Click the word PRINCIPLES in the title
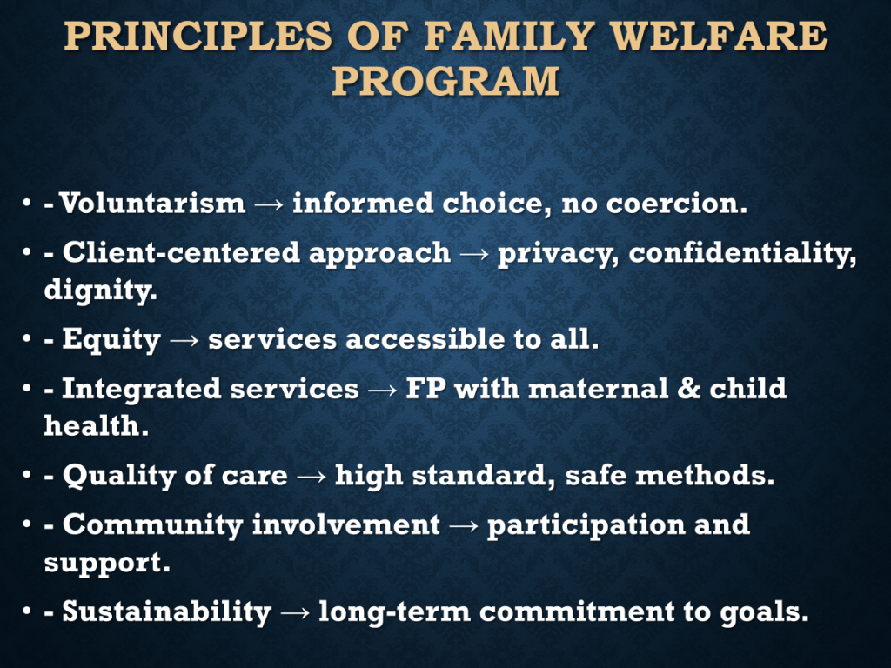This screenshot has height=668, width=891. pyautogui.click(x=198, y=36)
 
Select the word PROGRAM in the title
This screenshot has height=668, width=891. pyautogui.click(x=446, y=80)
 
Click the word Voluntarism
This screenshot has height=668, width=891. pyautogui.click(x=152, y=203)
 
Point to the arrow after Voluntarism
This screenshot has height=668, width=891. pyautogui.click(x=269, y=204)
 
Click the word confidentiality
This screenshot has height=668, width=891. pyautogui.click(x=743, y=253)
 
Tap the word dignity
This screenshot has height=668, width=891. pyautogui.click(x=100, y=291)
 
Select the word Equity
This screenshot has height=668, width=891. pyautogui.click(x=111, y=340)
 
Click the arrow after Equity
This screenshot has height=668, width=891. pyautogui.click(x=184, y=341)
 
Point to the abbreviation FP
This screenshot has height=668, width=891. pyautogui.click(x=425, y=389)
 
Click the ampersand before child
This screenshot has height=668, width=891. pyautogui.click(x=689, y=389)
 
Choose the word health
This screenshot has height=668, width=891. pyautogui.click(x=97, y=425)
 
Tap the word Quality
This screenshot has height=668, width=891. pyautogui.click(x=119, y=476)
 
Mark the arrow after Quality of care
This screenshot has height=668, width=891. pyautogui.click(x=312, y=477)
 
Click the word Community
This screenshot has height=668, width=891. pyautogui.click(x=153, y=524)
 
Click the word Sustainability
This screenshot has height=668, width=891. pyautogui.click(x=166, y=611)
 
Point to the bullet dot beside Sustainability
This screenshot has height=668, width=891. pyautogui.click(x=27, y=611)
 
